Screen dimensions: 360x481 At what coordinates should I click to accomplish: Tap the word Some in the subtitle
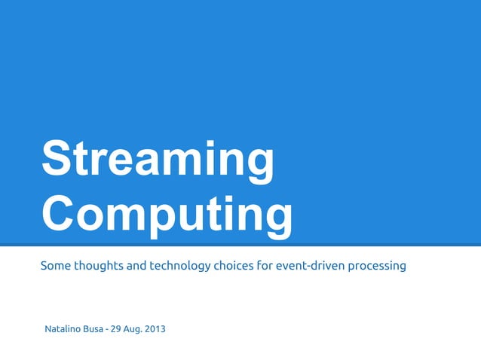pos(55,266)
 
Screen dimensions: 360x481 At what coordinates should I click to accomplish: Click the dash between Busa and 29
pos(107,330)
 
